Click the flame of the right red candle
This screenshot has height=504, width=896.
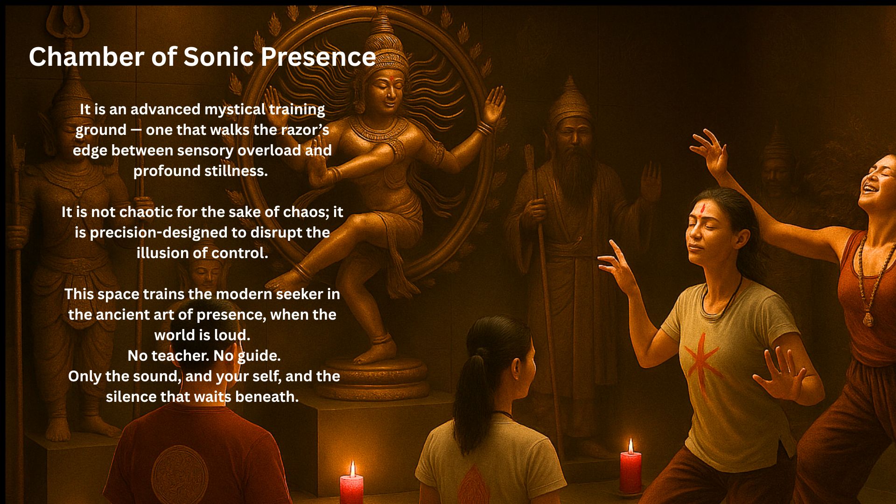point(631,446)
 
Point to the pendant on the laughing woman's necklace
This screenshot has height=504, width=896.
point(868,319)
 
